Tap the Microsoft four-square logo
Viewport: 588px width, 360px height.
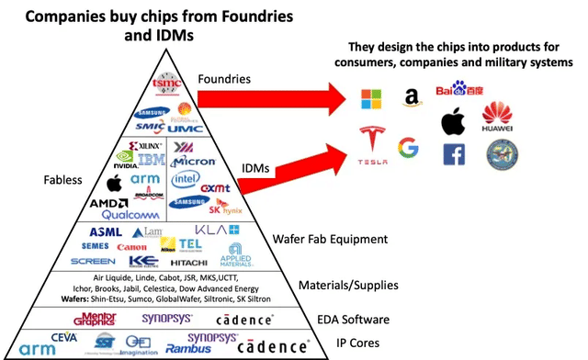[367, 98]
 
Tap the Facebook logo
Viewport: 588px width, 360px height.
[453, 155]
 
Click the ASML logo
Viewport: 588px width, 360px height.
[106, 231]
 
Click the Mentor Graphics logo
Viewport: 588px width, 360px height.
[95, 319]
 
